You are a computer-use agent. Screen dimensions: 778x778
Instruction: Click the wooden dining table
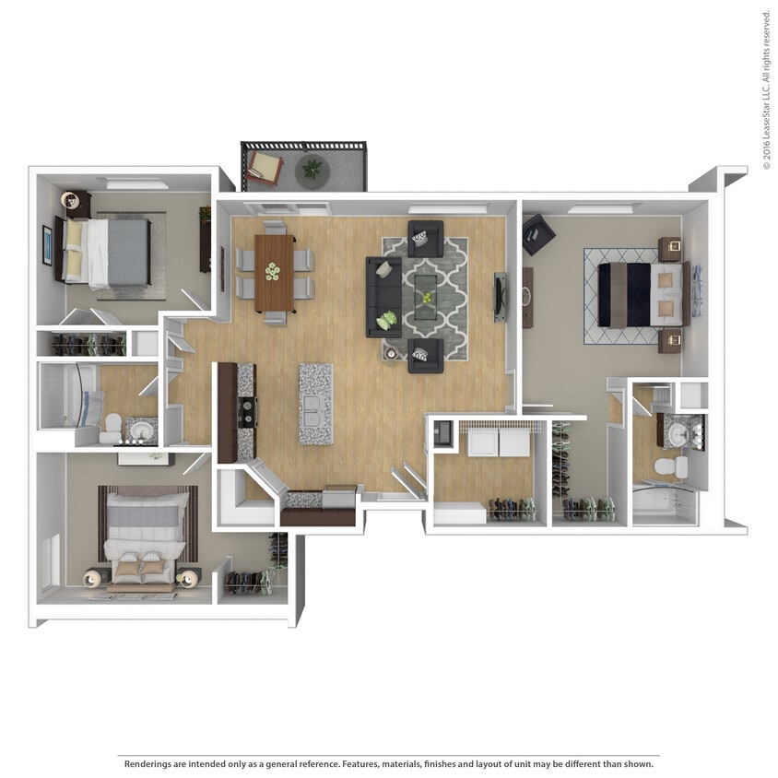[x=275, y=273]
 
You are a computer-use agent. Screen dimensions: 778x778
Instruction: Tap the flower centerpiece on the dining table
[x=273, y=271]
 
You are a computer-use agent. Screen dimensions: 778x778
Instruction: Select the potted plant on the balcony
[x=313, y=169]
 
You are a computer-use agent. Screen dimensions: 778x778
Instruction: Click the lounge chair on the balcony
[x=264, y=167]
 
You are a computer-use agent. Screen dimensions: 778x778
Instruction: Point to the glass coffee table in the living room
[x=426, y=297]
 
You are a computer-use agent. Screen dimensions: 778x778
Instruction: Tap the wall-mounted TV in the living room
[x=500, y=297]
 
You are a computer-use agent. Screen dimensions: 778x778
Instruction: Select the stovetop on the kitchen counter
[x=247, y=411]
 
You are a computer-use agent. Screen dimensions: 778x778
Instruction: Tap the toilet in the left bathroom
[x=111, y=427]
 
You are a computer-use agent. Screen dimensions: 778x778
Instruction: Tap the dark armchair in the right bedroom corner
[x=537, y=234]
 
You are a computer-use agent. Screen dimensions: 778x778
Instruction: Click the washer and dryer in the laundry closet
[x=498, y=443]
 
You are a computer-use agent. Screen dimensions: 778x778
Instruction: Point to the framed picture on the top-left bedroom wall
[x=47, y=244]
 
